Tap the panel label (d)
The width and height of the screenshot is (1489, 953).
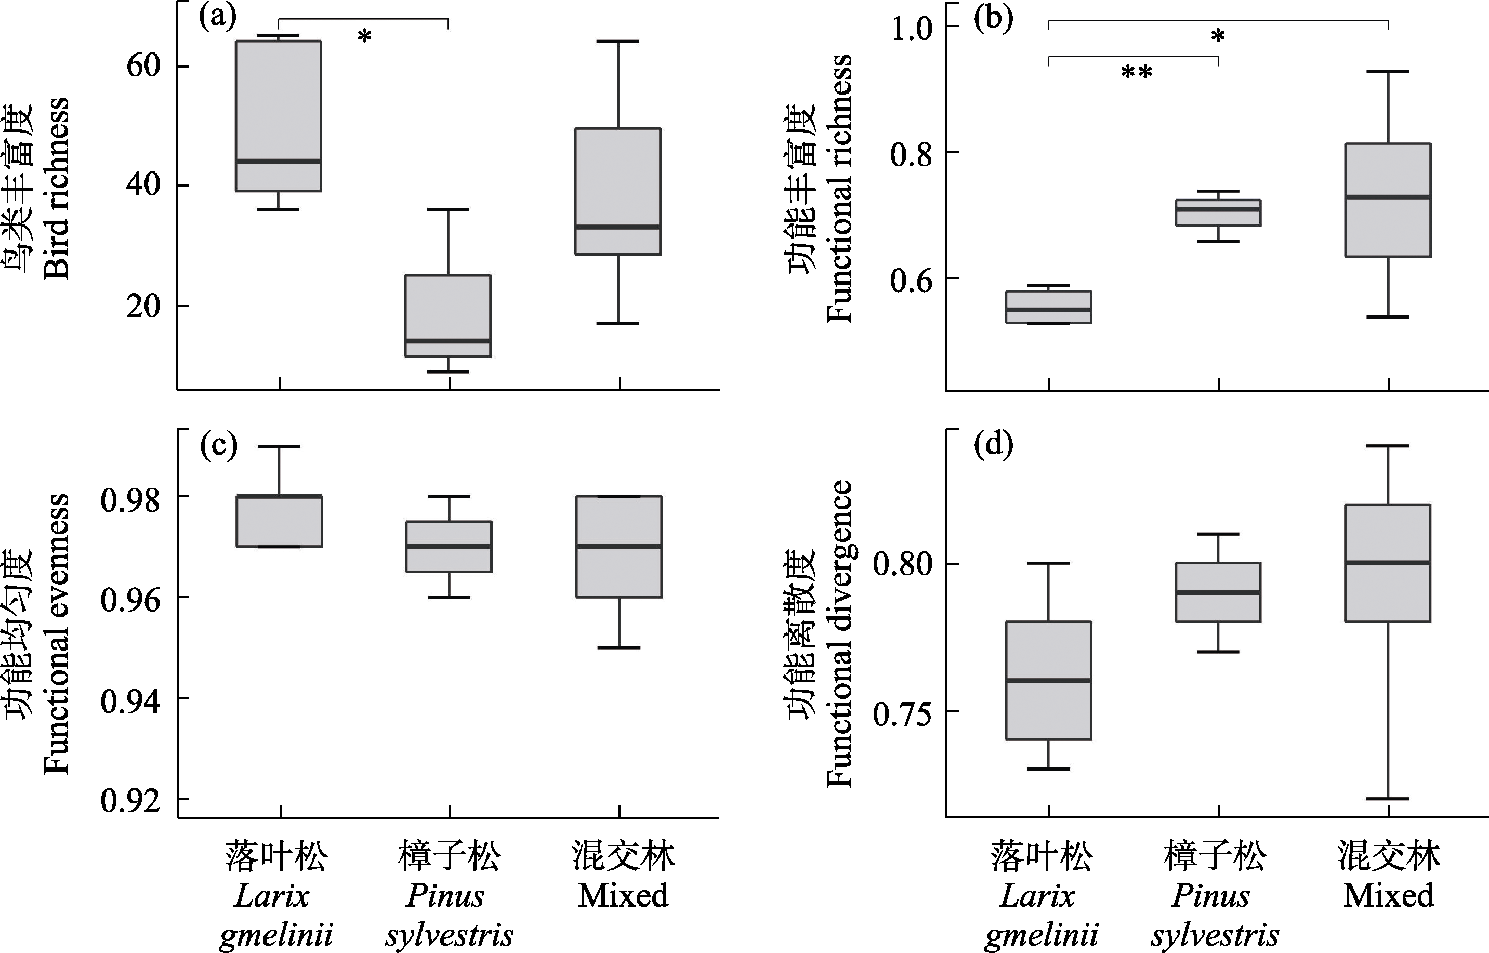coord(993,444)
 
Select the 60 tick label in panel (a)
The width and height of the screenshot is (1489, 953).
coord(143,65)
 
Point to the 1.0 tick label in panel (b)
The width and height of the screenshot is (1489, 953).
coord(911,28)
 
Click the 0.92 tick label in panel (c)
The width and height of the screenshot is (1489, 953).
coord(130,800)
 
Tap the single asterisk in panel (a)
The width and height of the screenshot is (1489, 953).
coord(364,37)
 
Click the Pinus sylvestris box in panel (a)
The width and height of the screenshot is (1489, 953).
coord(448,315)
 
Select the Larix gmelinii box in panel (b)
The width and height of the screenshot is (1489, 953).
coord(1048,307)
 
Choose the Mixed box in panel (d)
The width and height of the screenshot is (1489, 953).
coord(1388,563)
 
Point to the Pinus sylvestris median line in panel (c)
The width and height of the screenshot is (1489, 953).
coord(449,547)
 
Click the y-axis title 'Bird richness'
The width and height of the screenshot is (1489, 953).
coord(57,188)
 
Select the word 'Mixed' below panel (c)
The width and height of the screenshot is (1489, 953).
coord(623,895)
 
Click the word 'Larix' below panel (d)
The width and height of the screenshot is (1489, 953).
coord(1037,895)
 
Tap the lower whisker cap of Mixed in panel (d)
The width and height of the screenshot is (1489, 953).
coord(1388,799)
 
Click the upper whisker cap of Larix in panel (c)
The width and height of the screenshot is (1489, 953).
coord(279,446)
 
